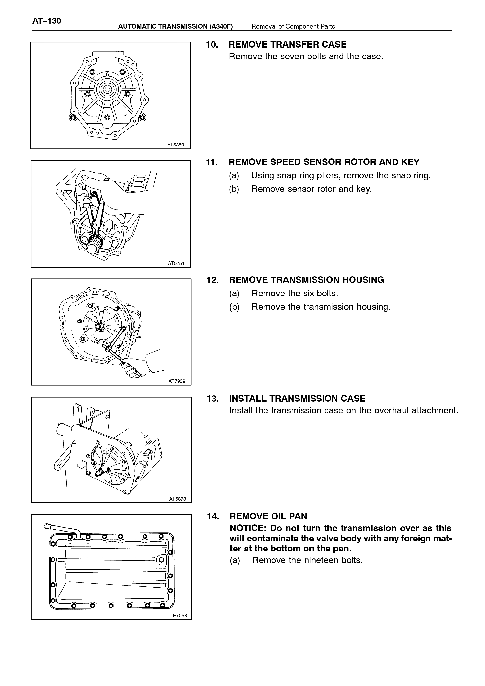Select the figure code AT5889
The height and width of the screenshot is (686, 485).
click(176, 145)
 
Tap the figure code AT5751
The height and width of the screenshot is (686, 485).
click(176, 264)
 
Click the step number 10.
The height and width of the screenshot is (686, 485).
click(212, 45)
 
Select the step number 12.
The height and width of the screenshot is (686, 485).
click(212, 280)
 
